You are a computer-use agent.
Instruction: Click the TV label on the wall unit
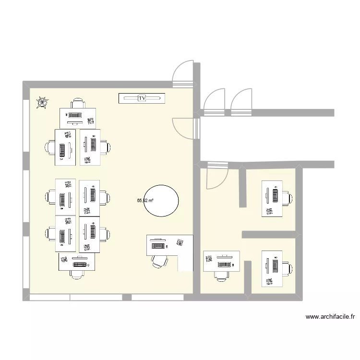[142, 98]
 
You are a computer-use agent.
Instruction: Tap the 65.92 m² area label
[144, 201]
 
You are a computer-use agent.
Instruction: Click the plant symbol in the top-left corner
[43, 102]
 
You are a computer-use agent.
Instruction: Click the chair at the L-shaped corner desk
[159, 260]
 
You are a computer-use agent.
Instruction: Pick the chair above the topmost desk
[77, 103]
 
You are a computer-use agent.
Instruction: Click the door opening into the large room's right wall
[184, 127]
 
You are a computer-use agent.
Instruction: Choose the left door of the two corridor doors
[214, 100]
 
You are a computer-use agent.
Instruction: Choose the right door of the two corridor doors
[241, 100]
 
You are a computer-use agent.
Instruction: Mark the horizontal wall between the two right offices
[271, 234]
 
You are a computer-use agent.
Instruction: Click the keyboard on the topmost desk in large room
[75, 115]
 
